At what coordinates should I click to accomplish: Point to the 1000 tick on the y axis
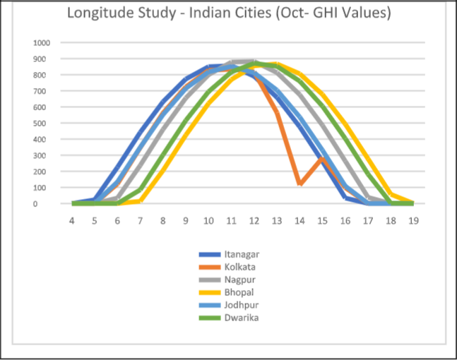[41, 42]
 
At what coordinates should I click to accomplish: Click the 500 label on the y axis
[43, 123]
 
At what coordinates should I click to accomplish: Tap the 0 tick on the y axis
[47, 203]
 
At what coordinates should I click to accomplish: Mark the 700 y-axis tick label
[43, 90]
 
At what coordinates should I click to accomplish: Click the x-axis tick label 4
[71, 220]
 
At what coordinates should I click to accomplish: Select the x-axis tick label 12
[254, 220]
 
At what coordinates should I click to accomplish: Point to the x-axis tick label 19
[413, 220]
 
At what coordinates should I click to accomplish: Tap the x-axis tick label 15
[322, 220]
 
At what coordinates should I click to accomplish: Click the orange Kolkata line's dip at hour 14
[300, 184]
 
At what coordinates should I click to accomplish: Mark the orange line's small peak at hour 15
[322, 158]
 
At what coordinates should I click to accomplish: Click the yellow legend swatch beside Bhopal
[211, 293]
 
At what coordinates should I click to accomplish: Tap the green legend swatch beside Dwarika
[211, 318]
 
